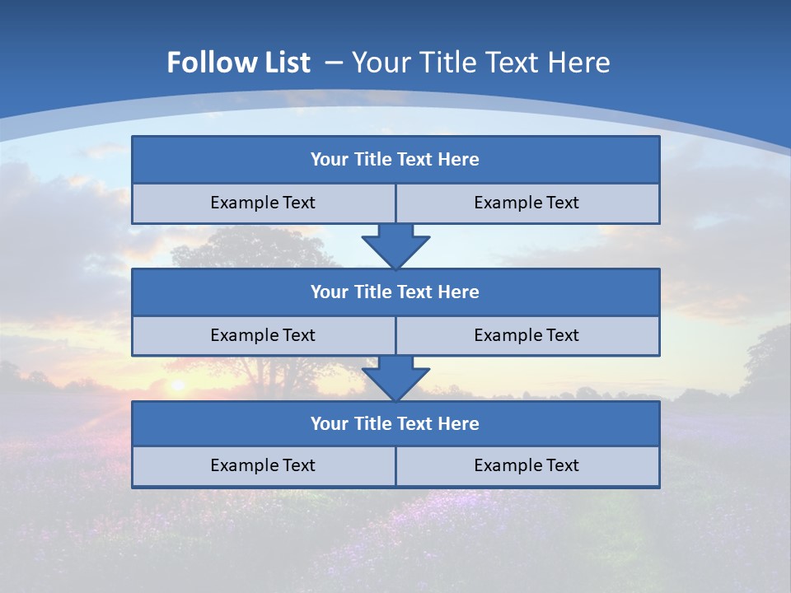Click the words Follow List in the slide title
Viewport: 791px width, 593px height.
click(238, 63)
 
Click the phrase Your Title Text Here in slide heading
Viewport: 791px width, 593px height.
click(481, 63)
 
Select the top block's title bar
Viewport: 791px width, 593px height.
click(395, 160)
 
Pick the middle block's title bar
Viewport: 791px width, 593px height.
click(395, 292)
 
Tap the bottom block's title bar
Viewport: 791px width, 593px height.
click(395, 423)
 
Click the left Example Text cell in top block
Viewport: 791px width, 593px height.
click(263, 203)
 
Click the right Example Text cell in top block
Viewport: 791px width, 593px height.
click(527, 203)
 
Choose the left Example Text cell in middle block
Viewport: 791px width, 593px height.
click(263, 335)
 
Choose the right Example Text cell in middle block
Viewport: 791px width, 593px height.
click(527, 335)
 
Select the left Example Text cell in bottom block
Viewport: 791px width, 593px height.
click(263, 465)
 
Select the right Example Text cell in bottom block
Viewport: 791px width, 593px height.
click(527, 465)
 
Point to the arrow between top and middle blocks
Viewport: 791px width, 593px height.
click(395, 245)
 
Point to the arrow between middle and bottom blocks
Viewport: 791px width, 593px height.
click(395, 378)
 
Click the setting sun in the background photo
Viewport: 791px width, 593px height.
click(176, 384)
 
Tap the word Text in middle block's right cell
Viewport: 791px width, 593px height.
click(562, 335)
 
